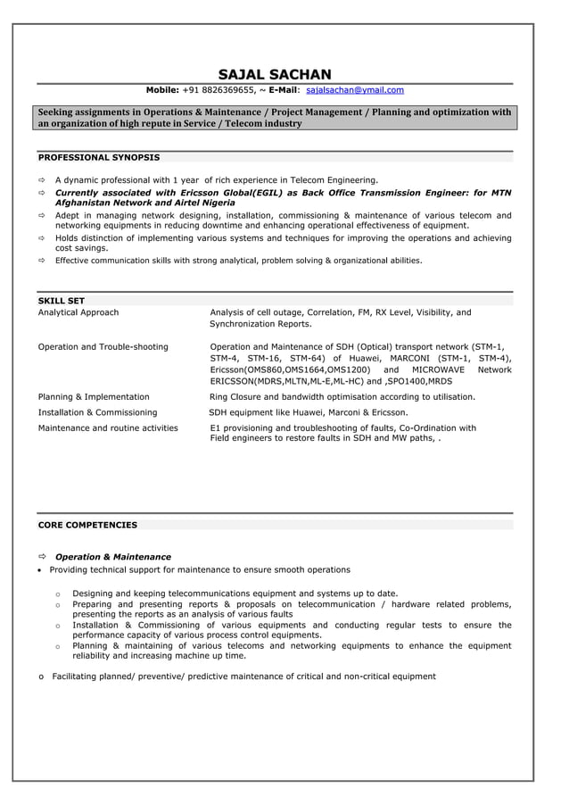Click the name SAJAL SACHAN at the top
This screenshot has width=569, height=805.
[x=275, y=74]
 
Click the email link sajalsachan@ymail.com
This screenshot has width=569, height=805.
[x=354, y=90]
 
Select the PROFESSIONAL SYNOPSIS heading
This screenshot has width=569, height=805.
[x=98, y=157]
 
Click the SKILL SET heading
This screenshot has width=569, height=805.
[x=61, y=301]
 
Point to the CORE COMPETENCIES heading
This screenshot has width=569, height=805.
[x=87, y=525]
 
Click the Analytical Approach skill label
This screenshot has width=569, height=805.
[x=78, y=312]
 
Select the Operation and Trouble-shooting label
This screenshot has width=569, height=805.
[x=103, y=346]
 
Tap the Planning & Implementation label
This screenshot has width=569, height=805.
[x=94, y=396]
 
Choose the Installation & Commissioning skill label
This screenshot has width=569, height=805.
[x=97, y=412]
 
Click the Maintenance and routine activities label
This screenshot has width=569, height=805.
[x=107, y=427]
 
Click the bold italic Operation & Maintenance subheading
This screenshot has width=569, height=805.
[x=112, y=557]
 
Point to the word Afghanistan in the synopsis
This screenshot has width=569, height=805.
[x=87, y=203]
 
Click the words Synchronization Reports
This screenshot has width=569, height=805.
[x=260, y=324]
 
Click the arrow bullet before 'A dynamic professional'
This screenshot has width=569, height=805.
[x=41, y=179]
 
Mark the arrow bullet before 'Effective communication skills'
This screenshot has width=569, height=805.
[x=41, y=261]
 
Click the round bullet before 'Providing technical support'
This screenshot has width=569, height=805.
[x=40, y=570]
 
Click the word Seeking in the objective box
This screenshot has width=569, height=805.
[x=59, y=112]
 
